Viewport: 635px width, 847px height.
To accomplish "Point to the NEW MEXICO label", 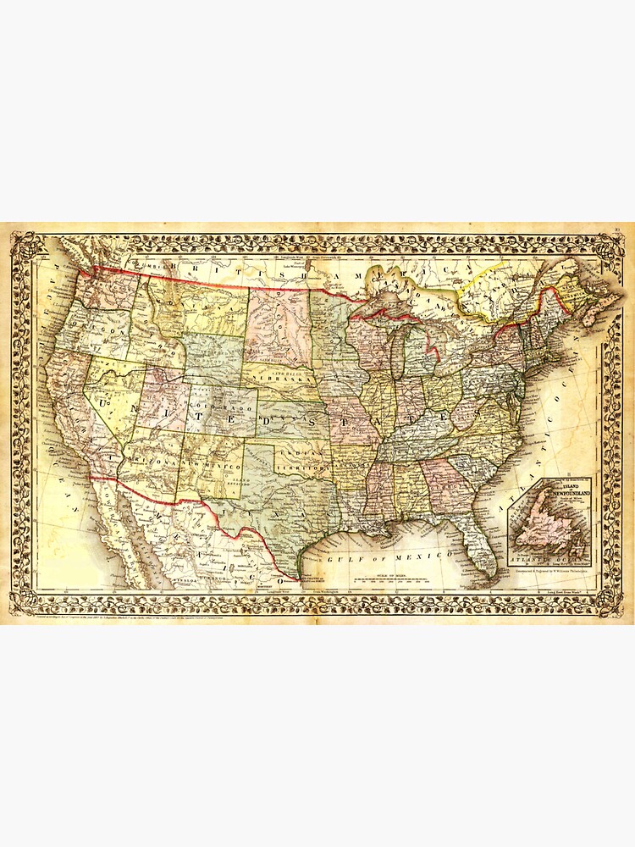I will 216,467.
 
